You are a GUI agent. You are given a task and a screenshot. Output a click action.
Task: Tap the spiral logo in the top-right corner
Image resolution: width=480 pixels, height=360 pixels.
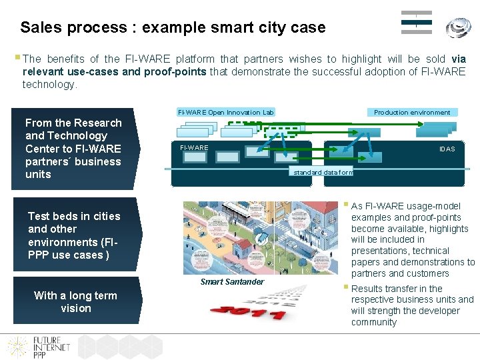click(x=458, y=27)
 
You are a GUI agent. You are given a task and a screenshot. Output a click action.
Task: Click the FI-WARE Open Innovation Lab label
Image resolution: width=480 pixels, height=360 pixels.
click(x=225, y=113)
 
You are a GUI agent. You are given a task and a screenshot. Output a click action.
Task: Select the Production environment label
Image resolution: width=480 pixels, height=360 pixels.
click(x=411, y=113)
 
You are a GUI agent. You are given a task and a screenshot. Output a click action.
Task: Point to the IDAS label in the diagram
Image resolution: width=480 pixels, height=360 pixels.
click(x=447, y=149)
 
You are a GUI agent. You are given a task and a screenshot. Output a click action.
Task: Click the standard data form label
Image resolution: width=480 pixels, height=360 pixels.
click(x=323, y=173)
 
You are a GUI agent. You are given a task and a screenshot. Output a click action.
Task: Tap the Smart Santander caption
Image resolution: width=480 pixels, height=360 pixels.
click(x=232, y=282)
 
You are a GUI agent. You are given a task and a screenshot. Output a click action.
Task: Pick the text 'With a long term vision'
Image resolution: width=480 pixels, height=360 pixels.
click(x=75, y=302)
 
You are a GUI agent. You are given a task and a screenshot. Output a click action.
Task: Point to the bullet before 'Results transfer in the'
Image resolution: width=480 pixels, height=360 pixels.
click(x=347, y=287)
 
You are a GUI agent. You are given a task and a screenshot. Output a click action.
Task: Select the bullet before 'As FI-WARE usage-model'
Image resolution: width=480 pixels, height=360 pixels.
click(x=347, y=205)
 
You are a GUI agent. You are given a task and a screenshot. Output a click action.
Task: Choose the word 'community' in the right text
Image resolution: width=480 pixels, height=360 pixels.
click(x=374, y=322)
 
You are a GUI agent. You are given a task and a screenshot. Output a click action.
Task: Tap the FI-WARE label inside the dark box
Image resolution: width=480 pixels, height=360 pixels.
click(x=194, y=147)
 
